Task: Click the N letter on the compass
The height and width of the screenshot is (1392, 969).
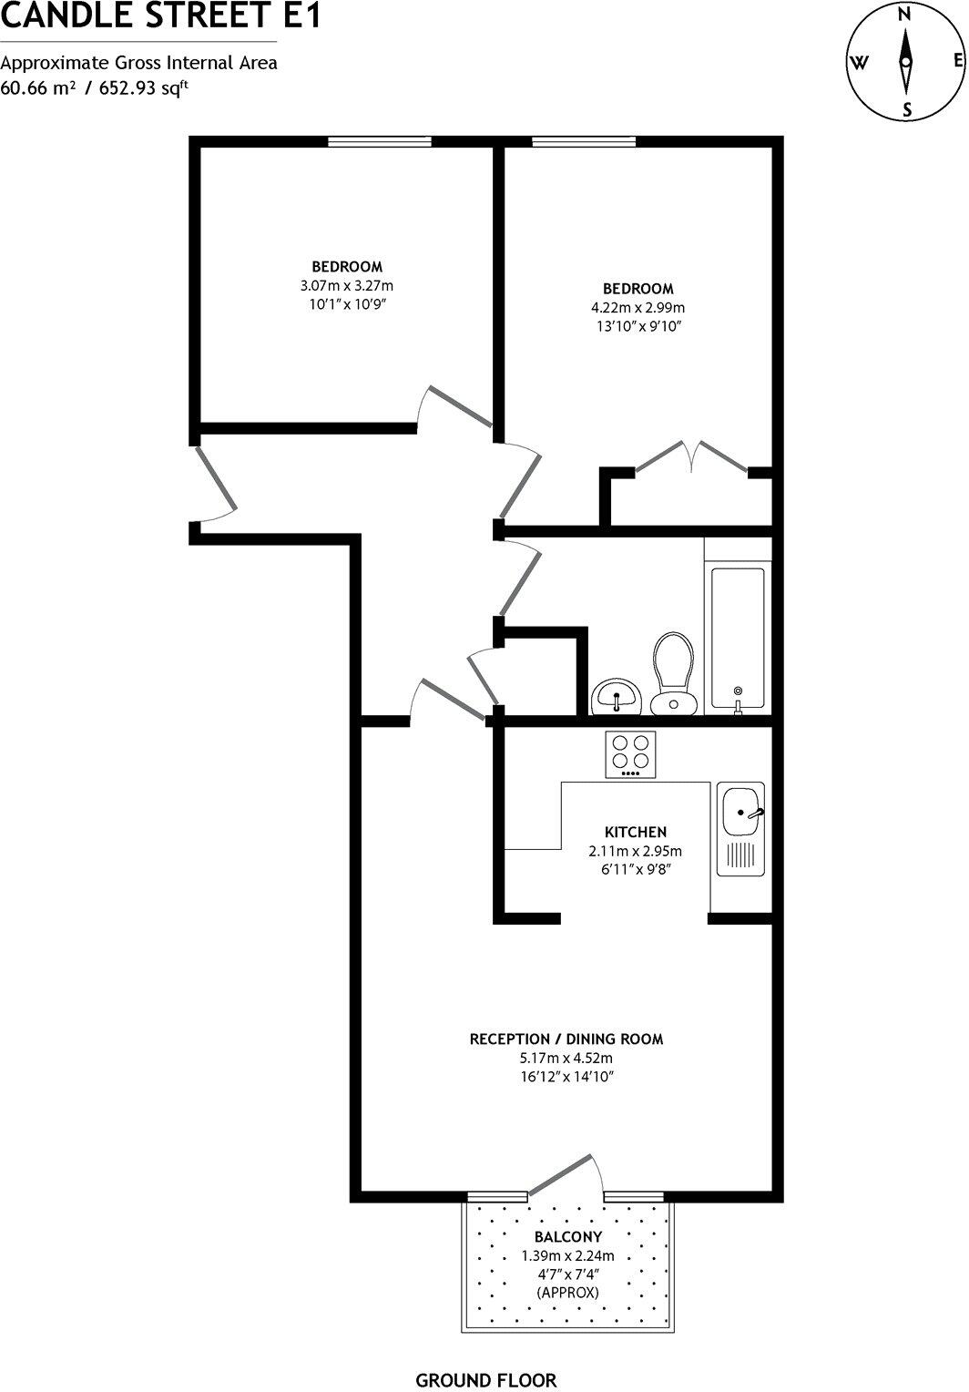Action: (904, 14)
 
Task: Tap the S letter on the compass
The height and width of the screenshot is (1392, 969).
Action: (907, 109)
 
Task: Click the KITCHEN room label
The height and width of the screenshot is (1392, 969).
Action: (636, 832)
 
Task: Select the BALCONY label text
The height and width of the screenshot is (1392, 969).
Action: (568, 1236)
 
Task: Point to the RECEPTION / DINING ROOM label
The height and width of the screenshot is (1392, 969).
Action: (566, 1039)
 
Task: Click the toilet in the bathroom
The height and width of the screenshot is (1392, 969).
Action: (673, 672)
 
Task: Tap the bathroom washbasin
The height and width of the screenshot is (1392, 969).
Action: (617, 698)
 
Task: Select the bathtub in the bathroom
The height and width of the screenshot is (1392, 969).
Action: (738, 638)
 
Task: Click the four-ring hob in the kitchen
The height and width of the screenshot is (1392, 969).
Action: (631, 754)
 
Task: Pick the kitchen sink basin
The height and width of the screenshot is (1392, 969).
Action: (740, 810)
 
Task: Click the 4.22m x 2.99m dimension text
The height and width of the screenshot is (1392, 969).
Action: (637, 308)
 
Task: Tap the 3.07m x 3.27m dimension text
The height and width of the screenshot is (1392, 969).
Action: (347, 285)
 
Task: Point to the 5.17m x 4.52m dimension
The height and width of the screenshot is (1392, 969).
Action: (566, 1059)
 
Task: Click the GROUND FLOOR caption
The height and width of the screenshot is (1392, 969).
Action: (485, 1380)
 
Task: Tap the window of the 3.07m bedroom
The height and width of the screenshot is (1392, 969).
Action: (380, 141)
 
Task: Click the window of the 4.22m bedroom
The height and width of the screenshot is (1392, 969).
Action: (584, 141)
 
